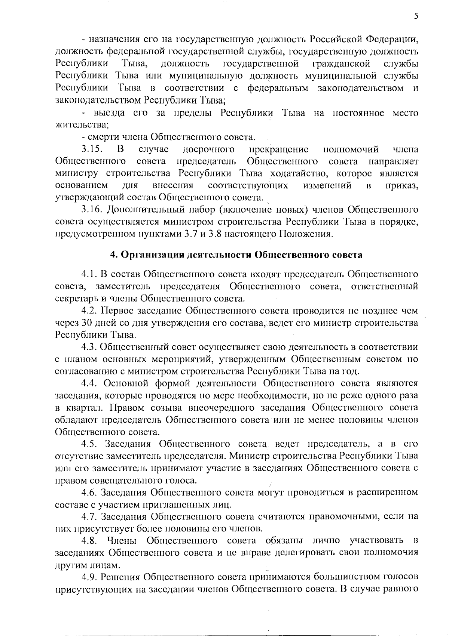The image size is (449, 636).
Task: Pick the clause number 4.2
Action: click(x=90, y=311)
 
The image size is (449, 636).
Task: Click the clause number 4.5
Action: click(x=90, y=444)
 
